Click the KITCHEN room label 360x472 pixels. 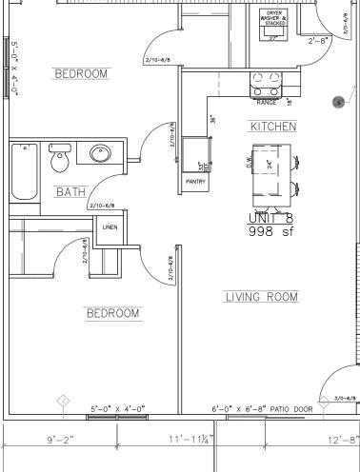(273, 127)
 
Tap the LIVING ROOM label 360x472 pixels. (261, 297)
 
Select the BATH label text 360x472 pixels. (70, 191)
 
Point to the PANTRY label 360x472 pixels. (196, 181)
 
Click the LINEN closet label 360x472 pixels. (110, 226)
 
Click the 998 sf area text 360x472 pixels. (272, 230)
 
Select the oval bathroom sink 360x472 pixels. (100, 154)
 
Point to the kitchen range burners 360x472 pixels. (266, 83)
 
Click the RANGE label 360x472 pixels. (266, 101)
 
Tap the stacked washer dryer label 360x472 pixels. (274, 18)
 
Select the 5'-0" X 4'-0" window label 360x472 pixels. (117, 409)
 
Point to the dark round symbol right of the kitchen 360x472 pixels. (337, 102)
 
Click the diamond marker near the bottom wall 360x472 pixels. (63, 400)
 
